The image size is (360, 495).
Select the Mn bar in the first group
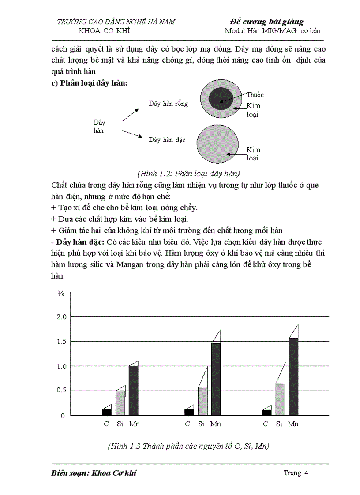[133, 390]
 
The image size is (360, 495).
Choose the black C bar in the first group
[106, 412]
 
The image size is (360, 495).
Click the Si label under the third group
[279, 424]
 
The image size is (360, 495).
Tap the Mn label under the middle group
[215, 424]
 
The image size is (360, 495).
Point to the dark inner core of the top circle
[221, 98]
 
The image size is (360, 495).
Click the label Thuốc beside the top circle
[255, 95]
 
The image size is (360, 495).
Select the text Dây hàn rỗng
[168, 104]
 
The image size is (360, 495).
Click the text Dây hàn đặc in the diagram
[167, 140]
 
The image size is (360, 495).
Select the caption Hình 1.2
[189, 173]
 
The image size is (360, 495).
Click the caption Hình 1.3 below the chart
[188, 446]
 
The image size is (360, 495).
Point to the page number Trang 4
[295, 473]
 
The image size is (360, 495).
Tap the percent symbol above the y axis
[61, 294]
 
